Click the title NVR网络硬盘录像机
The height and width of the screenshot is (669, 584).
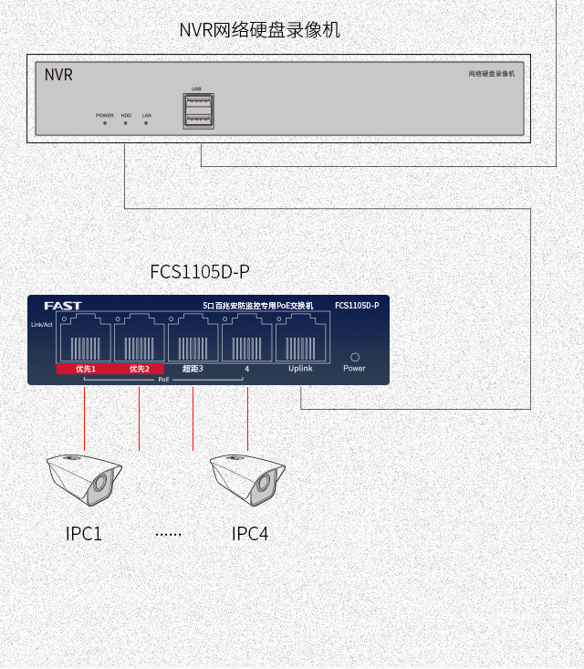[259, 30]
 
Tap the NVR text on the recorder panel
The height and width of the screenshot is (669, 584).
[58, 75]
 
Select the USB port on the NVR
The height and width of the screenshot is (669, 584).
[198, 110]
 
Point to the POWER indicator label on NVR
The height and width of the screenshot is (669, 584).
[105, 116]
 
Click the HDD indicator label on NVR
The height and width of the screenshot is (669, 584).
[126, 116]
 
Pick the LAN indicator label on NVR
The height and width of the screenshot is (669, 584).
[146, 116]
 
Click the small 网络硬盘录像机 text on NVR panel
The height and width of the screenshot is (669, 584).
[491, 73]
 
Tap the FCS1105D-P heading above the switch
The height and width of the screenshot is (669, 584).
[199, 272]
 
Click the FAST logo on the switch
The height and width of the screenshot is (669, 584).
[63, 305]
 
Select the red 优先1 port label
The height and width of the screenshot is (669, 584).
[85, 369]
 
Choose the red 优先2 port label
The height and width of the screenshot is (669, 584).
[139, 369]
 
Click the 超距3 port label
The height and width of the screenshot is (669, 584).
[193, 369]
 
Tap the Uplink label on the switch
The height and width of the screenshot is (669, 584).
[300, 369]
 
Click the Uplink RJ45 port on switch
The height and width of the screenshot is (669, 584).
[301, 338]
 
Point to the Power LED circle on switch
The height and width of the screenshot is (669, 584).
[355, 357]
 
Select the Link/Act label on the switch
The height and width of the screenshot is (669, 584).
[42, 324]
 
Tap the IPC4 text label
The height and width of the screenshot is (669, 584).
[249, 534]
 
